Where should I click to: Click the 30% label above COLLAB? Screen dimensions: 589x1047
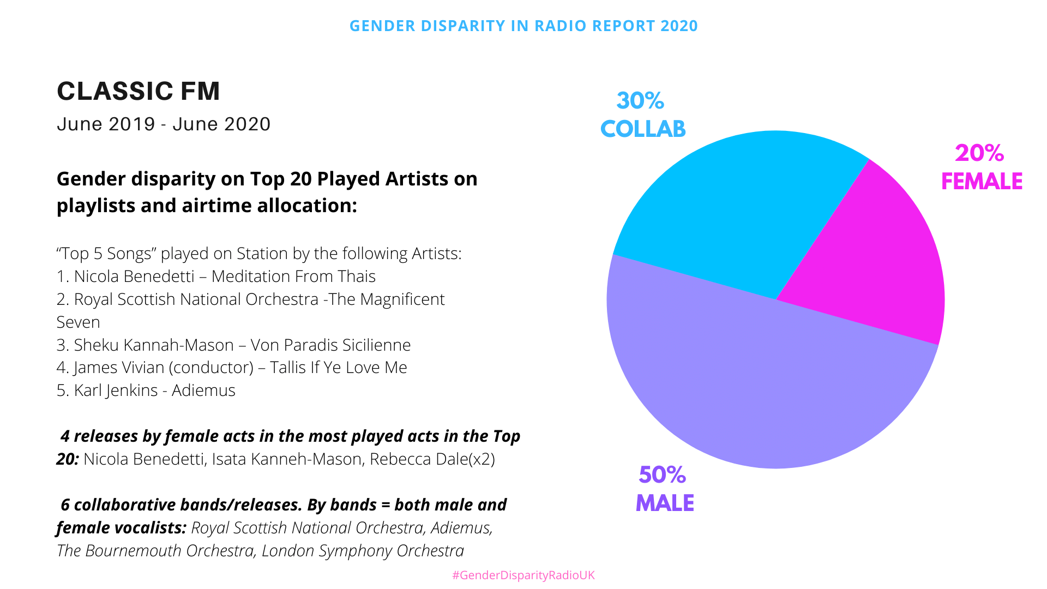640,101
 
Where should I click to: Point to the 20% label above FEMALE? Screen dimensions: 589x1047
979,153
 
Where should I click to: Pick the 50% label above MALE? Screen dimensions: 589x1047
662,475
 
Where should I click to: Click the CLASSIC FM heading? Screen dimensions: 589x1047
139,91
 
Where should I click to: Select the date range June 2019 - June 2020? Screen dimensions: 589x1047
164,124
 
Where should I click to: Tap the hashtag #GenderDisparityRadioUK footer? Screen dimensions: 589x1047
523,575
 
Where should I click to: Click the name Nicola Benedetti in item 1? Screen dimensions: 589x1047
134,277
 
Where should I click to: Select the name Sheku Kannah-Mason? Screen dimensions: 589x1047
154,345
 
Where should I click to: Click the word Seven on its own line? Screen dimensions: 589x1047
78,322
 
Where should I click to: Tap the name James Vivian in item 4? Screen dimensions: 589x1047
119,368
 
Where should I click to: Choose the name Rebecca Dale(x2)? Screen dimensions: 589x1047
432,459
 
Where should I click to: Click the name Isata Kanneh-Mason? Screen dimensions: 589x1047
286,459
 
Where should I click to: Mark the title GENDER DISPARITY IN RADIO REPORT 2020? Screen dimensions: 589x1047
523,26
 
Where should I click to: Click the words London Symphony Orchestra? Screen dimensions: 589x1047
363,551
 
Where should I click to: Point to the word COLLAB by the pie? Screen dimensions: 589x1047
643,129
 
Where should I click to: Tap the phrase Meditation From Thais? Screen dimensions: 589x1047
293,277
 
